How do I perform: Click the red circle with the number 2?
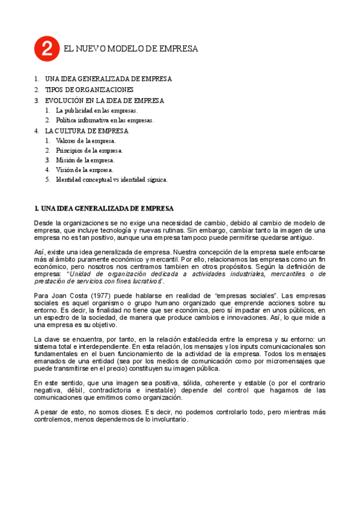point(47,49)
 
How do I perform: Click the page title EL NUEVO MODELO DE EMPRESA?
point(130,49)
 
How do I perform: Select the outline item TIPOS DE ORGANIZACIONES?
point(89,90)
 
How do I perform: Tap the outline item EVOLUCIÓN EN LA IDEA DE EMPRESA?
point(105,100)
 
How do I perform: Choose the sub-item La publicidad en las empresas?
point(97,111)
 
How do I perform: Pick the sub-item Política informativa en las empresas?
point(105,120)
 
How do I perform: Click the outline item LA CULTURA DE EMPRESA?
point(87,131)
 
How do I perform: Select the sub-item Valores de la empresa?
point(85,141)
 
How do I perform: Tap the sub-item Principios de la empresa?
point(89,150)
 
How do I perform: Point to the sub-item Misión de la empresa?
point(85,160)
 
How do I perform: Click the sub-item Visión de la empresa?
point(84,170)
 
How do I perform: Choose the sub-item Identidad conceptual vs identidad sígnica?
point(112,179)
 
